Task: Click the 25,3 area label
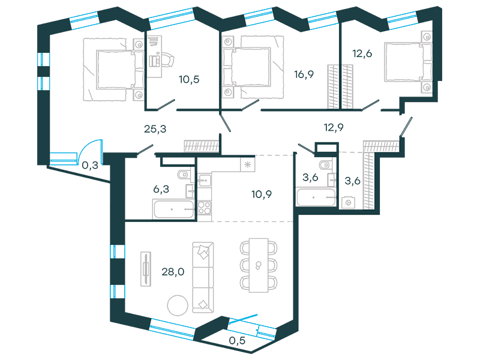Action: point(155,129)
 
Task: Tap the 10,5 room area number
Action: point(189,80)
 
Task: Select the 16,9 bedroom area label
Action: point(304,74)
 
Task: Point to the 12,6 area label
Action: point(362,53)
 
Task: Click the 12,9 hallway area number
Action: point(334,127)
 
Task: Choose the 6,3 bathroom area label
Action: point(161,189)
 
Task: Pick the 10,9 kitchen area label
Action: point(262,194)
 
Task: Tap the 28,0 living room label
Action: point(173,272)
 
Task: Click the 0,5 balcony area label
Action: point(237,340)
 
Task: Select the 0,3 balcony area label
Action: point(90,166)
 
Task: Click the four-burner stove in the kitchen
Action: point(204,207)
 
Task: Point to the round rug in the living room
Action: point(178,305)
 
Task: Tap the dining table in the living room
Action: point(259,265)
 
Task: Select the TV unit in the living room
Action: point(146,269)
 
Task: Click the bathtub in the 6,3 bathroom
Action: point(174,209)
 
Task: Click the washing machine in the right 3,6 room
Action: point(348,202)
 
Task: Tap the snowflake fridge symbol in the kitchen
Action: point(247,164)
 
